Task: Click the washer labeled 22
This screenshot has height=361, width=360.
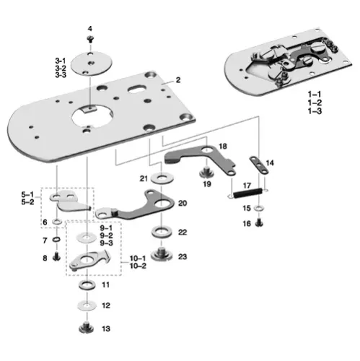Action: pyautogui.click(x=157, y=232)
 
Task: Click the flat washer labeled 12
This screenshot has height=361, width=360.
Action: pyautogui.click(x=85, y=305)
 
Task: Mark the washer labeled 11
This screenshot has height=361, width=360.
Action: pyautogui.click(x=85, y=287)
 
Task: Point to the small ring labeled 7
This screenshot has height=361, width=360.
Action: pyautogui.click(x=56, y=240)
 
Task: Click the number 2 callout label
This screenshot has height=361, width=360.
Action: pyautogui.click(x=177, y=80)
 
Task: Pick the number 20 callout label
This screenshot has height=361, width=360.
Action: pyautogui.click(x=182, y=204)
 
